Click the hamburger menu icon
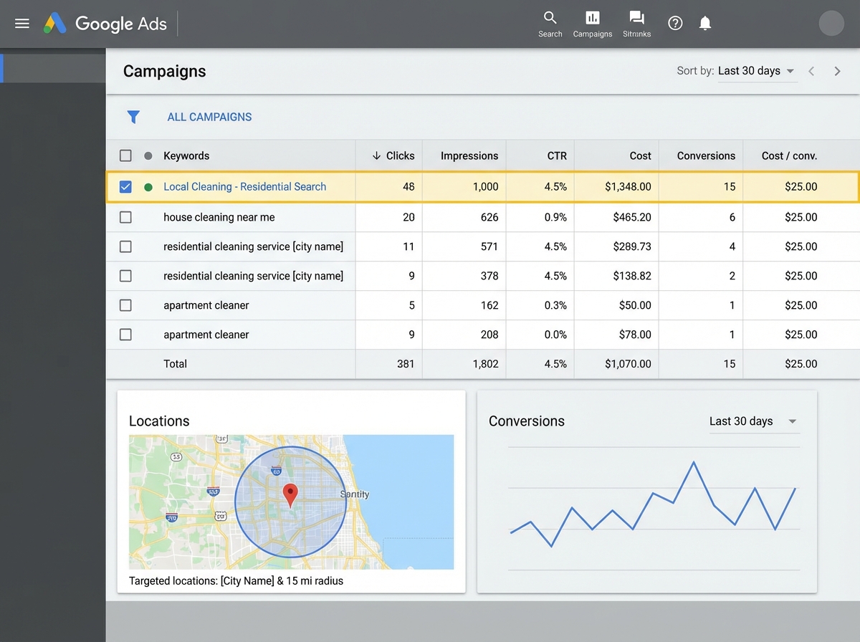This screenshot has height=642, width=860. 22,24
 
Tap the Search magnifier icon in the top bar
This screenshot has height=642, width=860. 550,18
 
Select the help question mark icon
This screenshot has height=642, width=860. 675,24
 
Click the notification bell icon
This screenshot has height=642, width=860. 705,24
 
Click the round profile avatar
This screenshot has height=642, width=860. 831,23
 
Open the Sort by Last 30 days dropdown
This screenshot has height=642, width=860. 757,71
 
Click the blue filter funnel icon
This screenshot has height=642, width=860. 133,117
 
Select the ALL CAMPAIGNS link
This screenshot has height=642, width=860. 209,117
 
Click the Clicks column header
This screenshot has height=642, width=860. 393,155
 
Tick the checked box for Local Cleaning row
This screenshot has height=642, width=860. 125,187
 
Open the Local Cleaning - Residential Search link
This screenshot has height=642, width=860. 244,187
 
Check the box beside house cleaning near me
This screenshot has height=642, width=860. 125,217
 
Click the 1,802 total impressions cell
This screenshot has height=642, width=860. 485,364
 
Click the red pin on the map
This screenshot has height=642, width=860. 290,494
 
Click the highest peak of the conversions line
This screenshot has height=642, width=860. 694,463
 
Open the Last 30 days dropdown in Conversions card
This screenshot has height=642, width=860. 752,421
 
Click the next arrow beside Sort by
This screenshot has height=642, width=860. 837,71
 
